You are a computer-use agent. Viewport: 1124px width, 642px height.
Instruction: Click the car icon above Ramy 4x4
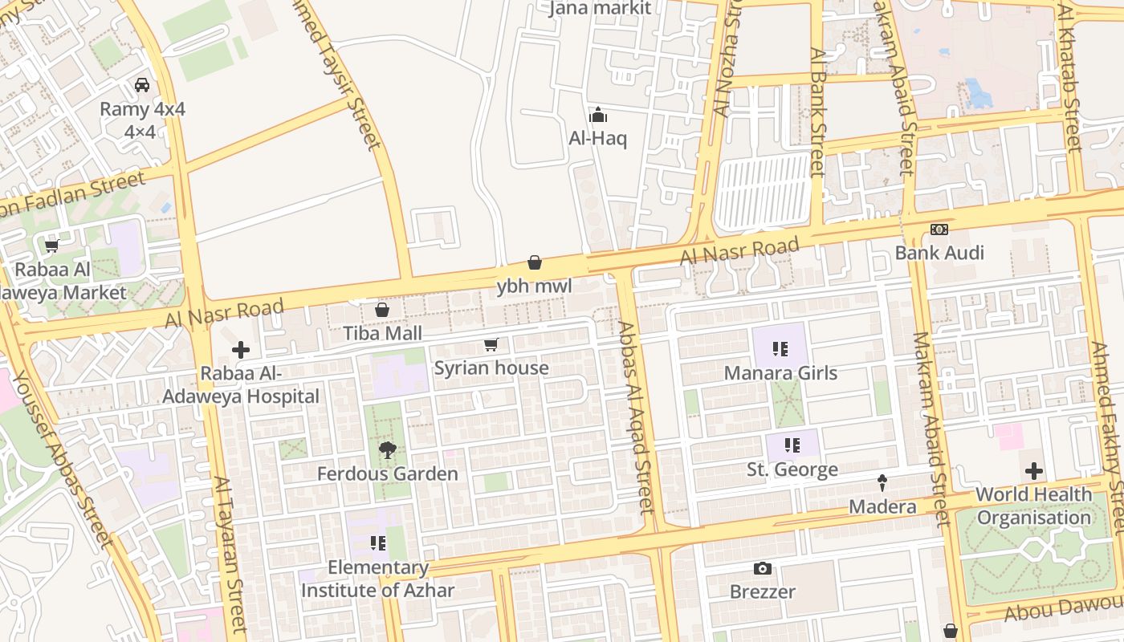click(142, 85)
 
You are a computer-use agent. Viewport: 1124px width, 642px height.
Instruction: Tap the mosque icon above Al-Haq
click(597, 115)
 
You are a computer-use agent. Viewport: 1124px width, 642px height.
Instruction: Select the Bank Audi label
click(939, 254)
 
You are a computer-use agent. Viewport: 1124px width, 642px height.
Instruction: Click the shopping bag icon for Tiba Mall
click(382, 310)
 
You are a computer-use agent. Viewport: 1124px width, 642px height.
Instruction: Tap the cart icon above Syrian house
click(491, 345)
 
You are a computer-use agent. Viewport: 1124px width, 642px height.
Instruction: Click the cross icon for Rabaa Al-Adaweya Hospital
click(240, 350)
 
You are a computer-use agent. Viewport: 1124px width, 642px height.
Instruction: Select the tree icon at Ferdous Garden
click(388, 450)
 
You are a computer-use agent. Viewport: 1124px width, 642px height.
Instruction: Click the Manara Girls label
click(780, 373)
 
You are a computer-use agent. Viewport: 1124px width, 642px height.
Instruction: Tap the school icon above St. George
click(792, 445)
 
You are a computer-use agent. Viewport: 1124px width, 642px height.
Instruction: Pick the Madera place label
click(882, 506)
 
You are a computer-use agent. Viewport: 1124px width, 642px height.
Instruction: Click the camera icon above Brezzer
click(763, 569)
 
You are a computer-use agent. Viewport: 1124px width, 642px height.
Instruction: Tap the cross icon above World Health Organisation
click(1033, 471)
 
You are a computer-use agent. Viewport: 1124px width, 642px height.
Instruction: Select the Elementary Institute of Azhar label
click(377, 579)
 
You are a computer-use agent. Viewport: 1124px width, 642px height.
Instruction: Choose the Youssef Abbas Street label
click(60, 457)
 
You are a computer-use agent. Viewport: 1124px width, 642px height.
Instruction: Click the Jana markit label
click(599, 9)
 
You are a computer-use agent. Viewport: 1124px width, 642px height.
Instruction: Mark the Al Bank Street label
click(817, 112)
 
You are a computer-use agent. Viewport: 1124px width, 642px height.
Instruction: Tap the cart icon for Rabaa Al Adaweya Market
click(52, 246)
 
